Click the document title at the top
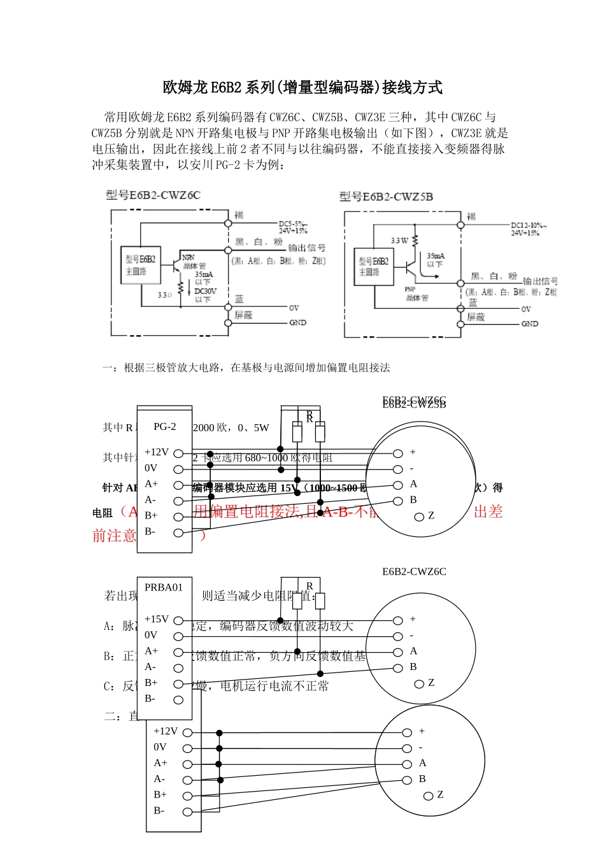[x=302, y=87]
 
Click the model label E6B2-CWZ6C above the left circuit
[x=153, y=195]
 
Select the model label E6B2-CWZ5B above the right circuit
[x=386, y=197]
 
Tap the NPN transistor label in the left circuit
[x=189, y=257]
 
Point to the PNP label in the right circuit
[x=410, y=289]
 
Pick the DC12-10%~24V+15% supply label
[x=529, y=229]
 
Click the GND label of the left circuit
[x=297, y=323]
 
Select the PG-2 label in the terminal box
[x=164, y=427]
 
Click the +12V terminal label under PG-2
[x=156, y=452]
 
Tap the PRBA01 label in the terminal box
[x=163, y=587]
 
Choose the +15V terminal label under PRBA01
[x=156, y=619]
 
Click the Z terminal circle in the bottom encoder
[x=429, y=795]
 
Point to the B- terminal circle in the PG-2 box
[x=178, y=532]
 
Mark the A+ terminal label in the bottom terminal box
[x=160, y=763]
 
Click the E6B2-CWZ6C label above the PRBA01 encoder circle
[x=414, y=571]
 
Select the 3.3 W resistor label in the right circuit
[x=399, y=241]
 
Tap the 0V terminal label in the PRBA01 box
[x=151, y=635]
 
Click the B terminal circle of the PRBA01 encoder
[x=398, y=668]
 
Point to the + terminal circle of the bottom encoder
[x=407, y=732]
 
